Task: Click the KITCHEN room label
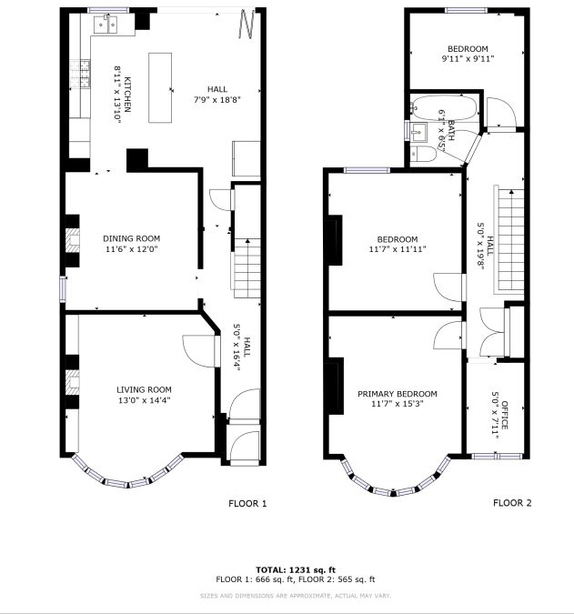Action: pyautogui.click(x=127, y=95)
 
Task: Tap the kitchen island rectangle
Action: pyautogui.click(x=160, y=87)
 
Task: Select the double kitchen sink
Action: pyautogui.click(x=106, y=25)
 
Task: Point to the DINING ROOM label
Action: pyautogui.click(x=132, y=238)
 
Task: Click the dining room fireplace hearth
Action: pyautogui.click(x=72, y=240)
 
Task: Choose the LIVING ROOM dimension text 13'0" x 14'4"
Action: pyautogui.click(x=144, y=400)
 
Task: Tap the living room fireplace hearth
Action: pyautogui.click(x=72, y=382)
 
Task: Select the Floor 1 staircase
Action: pyautogui.click(x=247, y=268)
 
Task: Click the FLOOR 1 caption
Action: pyautogui.click(x=247, y=504)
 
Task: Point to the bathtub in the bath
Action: pyautogui.click(x=445, y=107)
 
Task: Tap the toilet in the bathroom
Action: pyautogui.click(x=423, y=155)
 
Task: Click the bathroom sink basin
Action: pyautogui.click(x=418, y=131)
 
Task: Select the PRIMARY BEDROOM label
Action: pyautogui.click(x=398, y=394)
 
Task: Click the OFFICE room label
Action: pyautogui.click(x=505, y=415)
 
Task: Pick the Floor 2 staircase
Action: pyautogui.click(x=510, y=239)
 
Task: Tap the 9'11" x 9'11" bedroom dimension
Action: pyautogui.click(x=468, y=59)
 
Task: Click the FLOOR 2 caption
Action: pyautogui.click(x=512, y=503)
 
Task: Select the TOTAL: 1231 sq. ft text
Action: pyautogui.click(x=296, y=570)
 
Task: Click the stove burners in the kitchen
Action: pyautogui.click(x=80, y=74)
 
